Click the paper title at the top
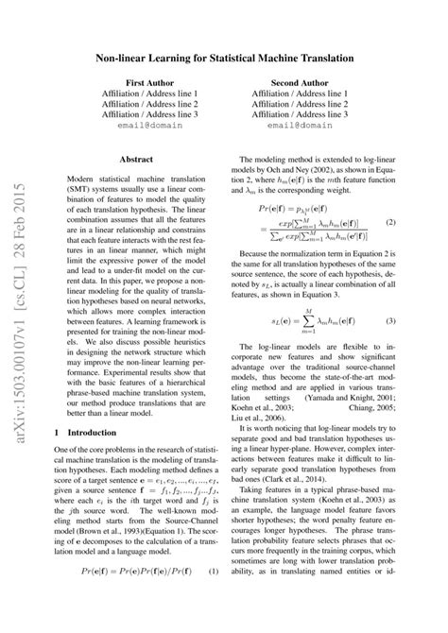point(224,58)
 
